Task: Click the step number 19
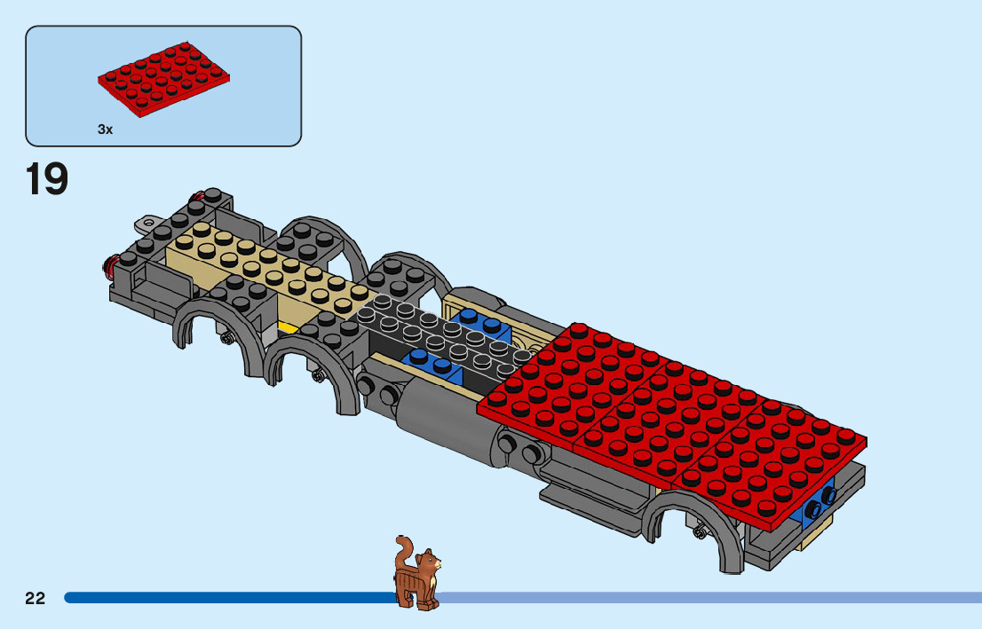(47, 179)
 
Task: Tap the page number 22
(36, 598)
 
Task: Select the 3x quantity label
(106, 130)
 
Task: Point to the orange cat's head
(430, 562)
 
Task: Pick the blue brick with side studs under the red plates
(819, 506)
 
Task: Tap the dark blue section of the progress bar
(222, 598)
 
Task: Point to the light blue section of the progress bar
(710, 598)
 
